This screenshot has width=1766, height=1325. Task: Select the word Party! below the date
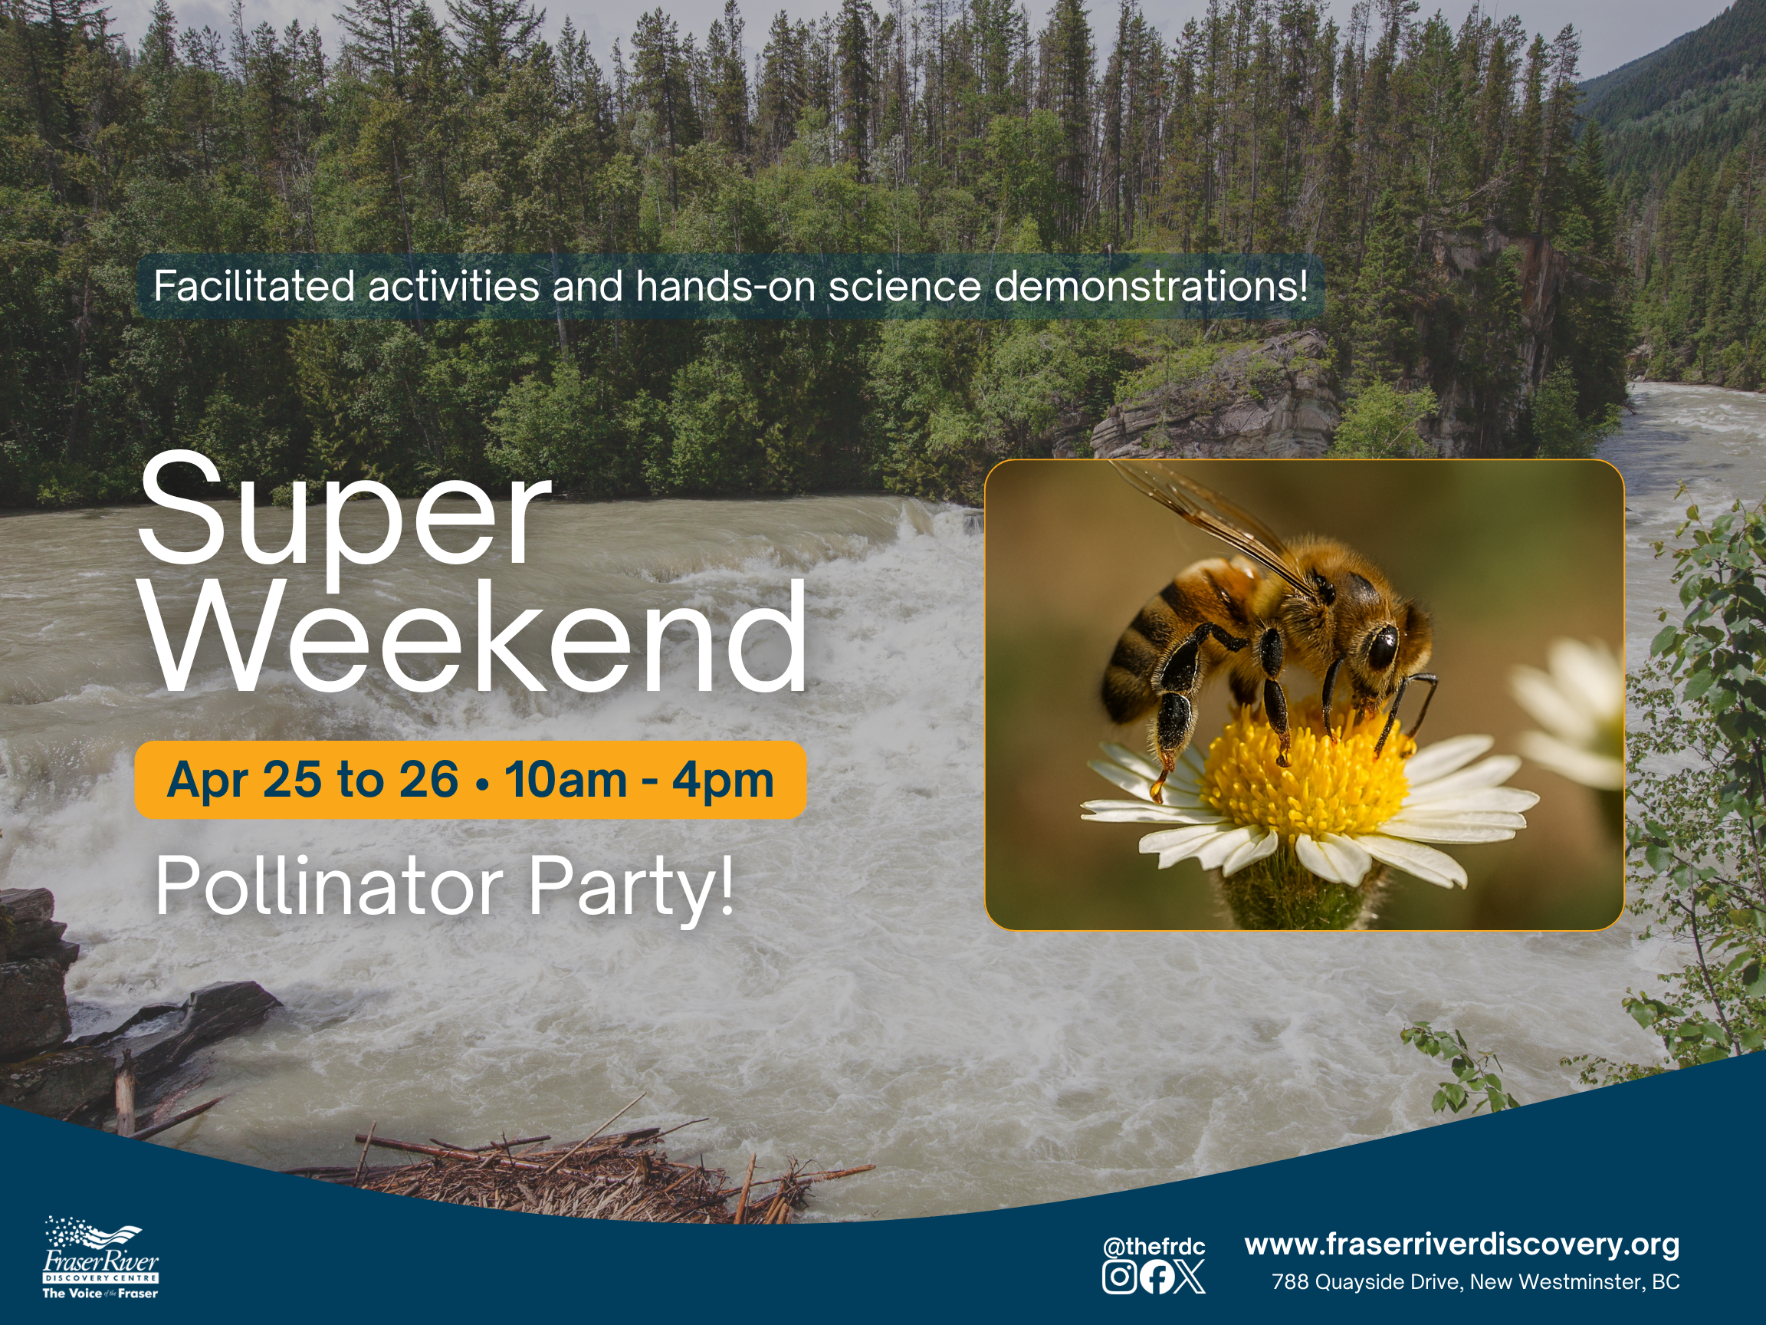pyautogui.click(x=631, y=890)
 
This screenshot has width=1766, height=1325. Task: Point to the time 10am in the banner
pyautogui.click(x=565, y=780)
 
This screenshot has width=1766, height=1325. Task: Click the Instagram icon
pyautogui.click(x=1119, y=1276)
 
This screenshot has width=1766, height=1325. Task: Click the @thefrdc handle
pyautogui.click(x=1154, y=1247)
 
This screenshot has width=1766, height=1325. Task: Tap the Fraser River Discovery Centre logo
pyautogui.click(x=100, y=1258)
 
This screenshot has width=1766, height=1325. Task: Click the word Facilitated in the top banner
pyautogui.click(x=254, y=286)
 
